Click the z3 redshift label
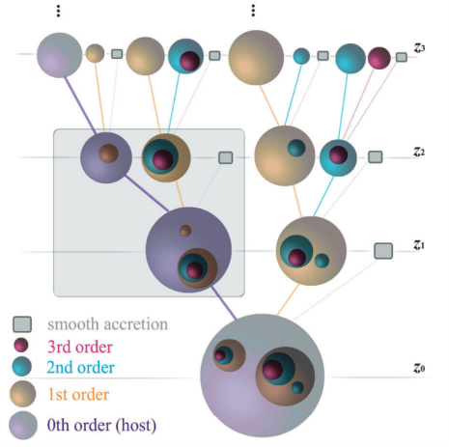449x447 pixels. (419, 48)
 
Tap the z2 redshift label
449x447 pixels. (419, 151)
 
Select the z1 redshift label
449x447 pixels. (419, 245)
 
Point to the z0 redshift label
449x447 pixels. (419, 367)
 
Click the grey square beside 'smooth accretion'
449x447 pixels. (22, 324)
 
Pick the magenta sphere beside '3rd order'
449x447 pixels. (21, 346)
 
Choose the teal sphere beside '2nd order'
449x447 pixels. (21, 367)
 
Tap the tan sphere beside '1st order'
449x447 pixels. (22, 394)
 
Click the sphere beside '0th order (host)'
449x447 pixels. (23, 425)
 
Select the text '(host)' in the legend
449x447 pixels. (136, 426)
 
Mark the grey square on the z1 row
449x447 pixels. (383, 251)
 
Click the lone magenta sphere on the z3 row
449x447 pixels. (379, 58)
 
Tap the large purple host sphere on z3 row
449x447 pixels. (60, 55)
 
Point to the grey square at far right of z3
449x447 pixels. (402, 57)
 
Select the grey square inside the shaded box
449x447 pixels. (226, 157)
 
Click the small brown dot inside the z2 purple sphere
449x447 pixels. (108, 154)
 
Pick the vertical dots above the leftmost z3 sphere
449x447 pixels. (58, 11)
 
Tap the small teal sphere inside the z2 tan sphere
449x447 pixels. (296, 148)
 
